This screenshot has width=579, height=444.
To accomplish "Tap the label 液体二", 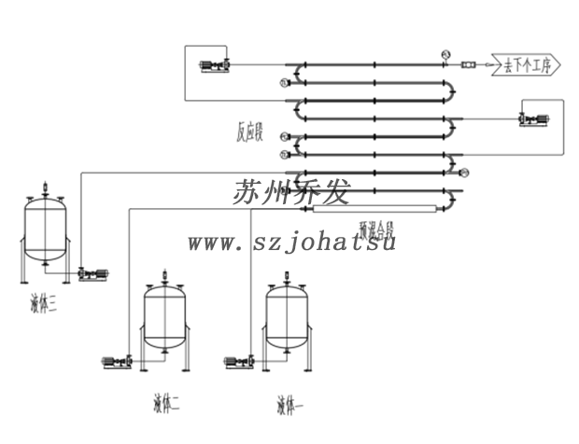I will coord(166,404).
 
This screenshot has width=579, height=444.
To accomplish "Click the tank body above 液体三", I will coord(45,230).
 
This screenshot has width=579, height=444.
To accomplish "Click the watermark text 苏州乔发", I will coord(290,193).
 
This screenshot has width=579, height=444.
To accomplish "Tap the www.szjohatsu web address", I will coord(292,243).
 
